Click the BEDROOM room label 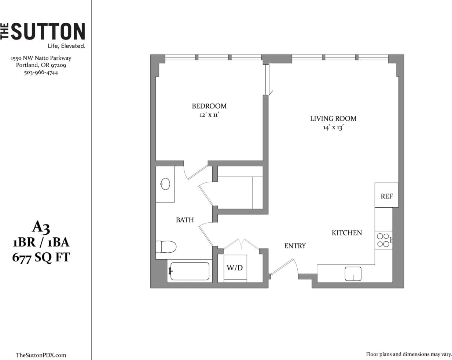[x=209, y=106]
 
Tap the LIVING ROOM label [x=333, y=118]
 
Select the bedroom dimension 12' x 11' [x=209, y=115]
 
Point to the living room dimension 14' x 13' [x=333, y=127]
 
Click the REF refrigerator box [x=386, y=196]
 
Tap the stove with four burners [x=383, y=240]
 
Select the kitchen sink [x=353, y=274]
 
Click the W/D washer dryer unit [x=235, y=268]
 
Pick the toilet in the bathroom [x=166, y=246]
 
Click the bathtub [x=190, y=271]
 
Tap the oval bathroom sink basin [x=165, y=184]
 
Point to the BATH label [x=185, y=220]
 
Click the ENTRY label [x=295, y=246]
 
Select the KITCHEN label [x=346, y=233]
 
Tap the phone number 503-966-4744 [x=41, y=73]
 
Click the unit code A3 [x=41, y=227]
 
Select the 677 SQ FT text [x=41, y=257]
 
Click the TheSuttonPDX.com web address [x=41, y=355]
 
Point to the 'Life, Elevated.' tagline [x=66, y=46]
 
